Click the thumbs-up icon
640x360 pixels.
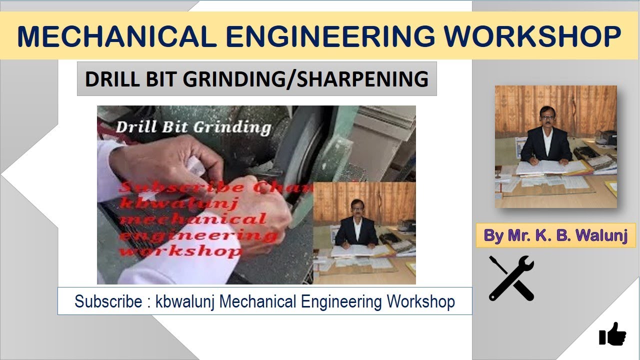pyautogui.click(x=612, y=333)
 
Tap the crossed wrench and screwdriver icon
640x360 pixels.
pyautogui.click(x=511, y=278)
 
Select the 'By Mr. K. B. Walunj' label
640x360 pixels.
pyautogui.click(x=555, y=235)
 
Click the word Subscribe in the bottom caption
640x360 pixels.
pyautogui.click(x=108, y=301)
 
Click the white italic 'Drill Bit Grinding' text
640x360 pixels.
pyautogui.click(x=193, y=127)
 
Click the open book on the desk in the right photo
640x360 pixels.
pyautogui.click(x=550, y=167)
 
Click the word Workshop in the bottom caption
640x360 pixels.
pyautogui.click(x=420, y=301)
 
